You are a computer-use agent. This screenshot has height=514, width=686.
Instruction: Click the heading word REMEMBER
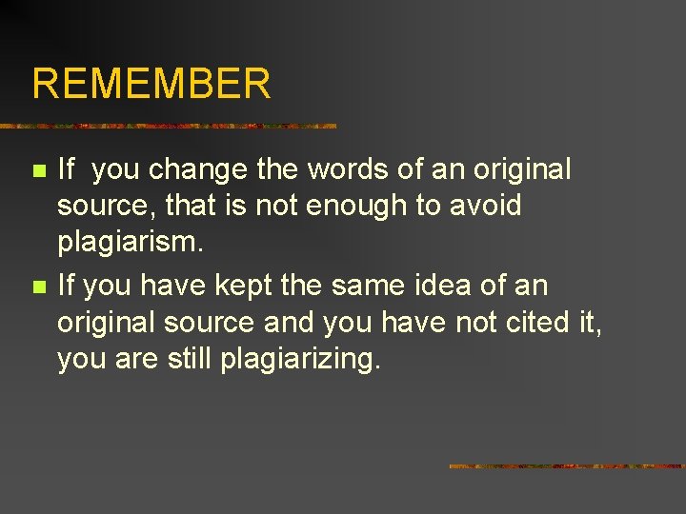pos(151,84)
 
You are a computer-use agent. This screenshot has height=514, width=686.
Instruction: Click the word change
pos(199,169)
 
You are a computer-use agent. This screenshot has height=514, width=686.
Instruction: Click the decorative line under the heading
pos(169,126)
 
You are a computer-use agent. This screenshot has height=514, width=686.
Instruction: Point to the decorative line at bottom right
pos(567,466)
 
